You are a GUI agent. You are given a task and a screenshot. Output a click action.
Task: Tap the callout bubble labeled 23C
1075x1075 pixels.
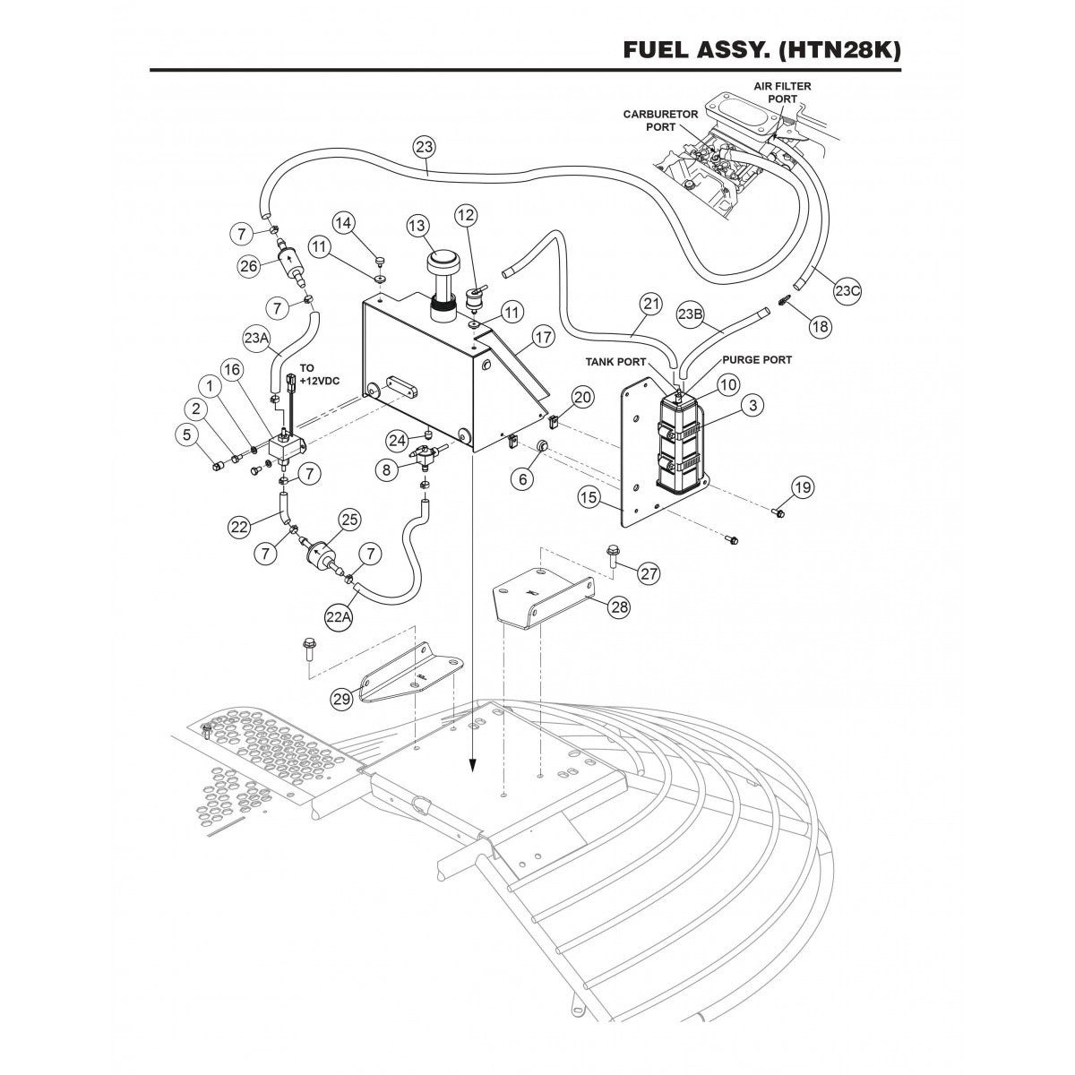[847, 291]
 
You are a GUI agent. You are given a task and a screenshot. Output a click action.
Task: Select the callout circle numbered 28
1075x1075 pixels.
[618, 606]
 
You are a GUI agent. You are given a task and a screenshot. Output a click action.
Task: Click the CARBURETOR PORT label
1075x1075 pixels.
[660, 121]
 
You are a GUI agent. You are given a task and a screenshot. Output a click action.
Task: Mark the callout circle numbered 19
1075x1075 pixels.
[802, 487]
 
